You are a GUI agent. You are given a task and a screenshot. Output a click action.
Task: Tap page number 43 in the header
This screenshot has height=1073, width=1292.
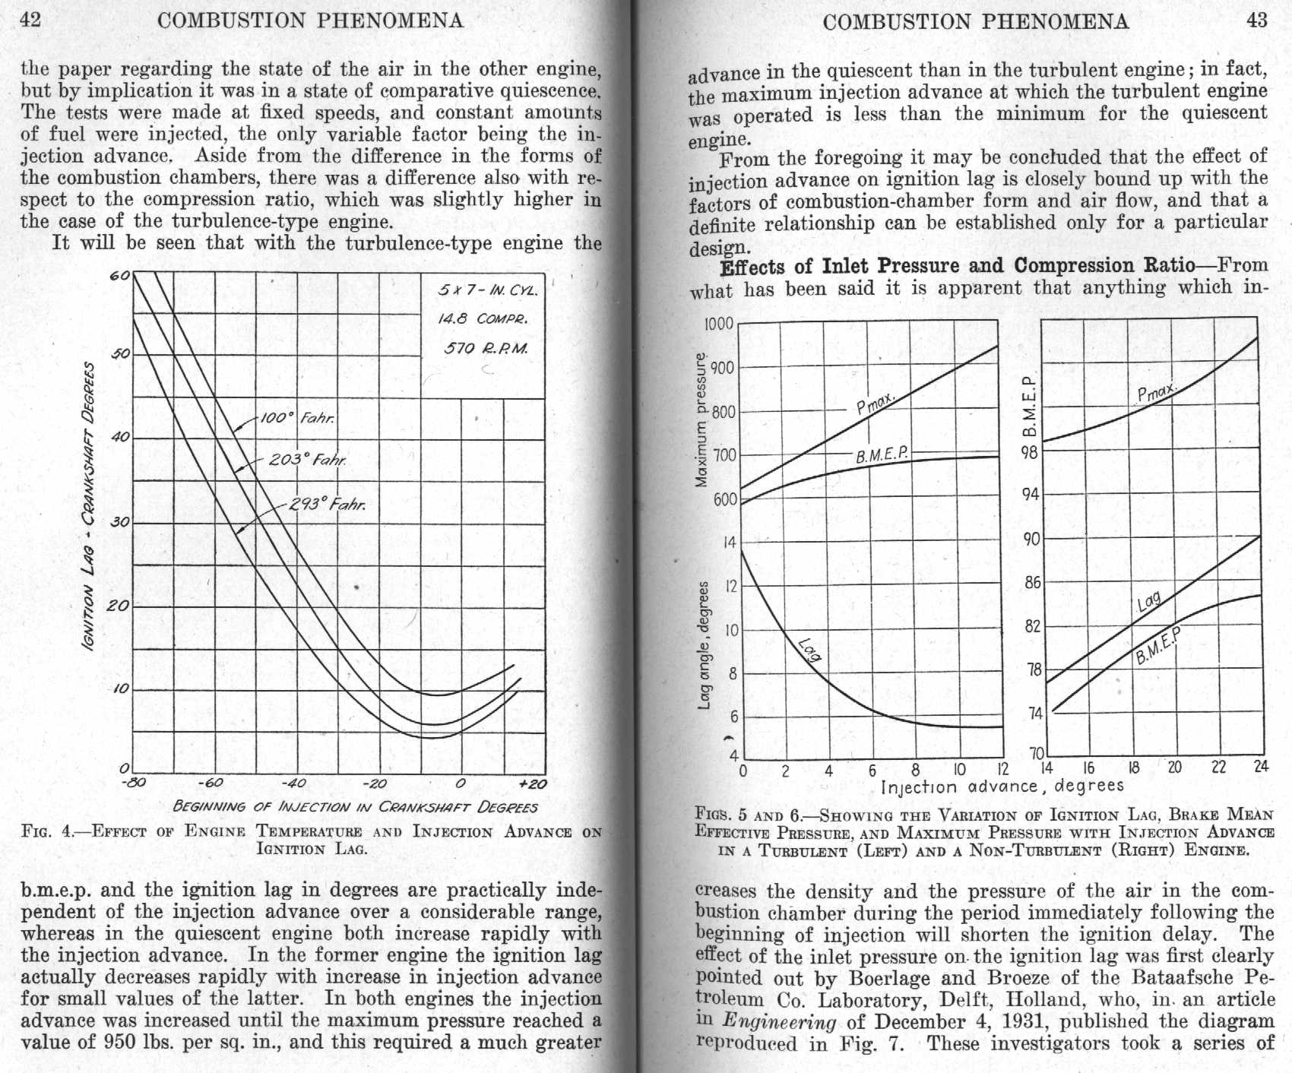(1257, 21)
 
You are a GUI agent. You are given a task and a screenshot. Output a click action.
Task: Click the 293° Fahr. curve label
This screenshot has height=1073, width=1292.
(328, 503)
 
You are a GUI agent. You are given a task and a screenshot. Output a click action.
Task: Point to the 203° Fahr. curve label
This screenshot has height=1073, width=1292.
(308, 460)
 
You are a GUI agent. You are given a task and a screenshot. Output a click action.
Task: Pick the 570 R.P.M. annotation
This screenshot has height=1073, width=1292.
(485, 349)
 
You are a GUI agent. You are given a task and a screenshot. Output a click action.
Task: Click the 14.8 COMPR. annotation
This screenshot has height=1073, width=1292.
(482, 318)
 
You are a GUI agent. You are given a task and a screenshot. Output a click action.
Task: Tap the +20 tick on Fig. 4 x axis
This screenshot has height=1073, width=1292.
(532, 784)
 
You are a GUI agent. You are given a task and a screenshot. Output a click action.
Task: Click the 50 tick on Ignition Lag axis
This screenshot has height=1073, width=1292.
(122, 354)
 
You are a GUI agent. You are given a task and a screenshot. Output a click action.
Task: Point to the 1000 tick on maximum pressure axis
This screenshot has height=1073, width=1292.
(718, 324)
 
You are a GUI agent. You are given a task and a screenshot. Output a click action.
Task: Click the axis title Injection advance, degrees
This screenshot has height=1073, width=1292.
(1002, 787)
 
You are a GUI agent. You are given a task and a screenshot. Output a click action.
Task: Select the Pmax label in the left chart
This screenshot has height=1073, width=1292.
(876, 402)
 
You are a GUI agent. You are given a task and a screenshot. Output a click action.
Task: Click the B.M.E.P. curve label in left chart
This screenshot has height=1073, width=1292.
(882, 455)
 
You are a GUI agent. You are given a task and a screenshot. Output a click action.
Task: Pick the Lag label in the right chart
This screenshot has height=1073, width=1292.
(1148, 602)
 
